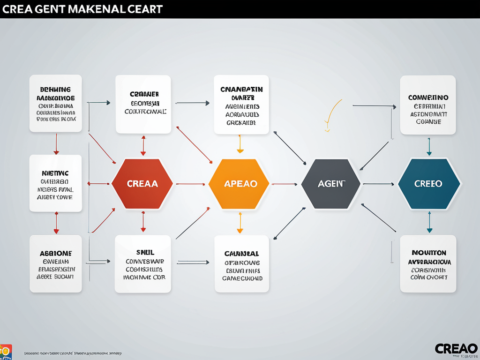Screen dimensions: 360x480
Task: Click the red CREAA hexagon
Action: pos(142,184)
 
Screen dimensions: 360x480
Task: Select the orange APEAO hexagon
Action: pos(239,184)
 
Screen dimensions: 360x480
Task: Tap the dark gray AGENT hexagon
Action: pos(331,184)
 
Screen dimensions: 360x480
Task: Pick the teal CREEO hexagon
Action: pos(428,184)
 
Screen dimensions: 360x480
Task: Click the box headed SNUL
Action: pos(143,264)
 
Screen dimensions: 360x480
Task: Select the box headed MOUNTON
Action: pos(428,264)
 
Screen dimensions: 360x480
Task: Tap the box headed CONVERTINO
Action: pos(428,105)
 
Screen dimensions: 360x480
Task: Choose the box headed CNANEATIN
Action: pos(241,105)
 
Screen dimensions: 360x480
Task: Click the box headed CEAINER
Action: pos(143,104)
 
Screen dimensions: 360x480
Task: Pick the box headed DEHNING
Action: pos(55,103)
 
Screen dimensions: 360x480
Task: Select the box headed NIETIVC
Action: pos(55,183)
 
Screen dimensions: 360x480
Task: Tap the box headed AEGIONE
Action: pos(55,264)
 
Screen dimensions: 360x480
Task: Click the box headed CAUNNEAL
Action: pos(241,264)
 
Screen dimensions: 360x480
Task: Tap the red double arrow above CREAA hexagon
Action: pos(143,145)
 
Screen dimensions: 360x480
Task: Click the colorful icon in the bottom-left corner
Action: pos(6,352)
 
